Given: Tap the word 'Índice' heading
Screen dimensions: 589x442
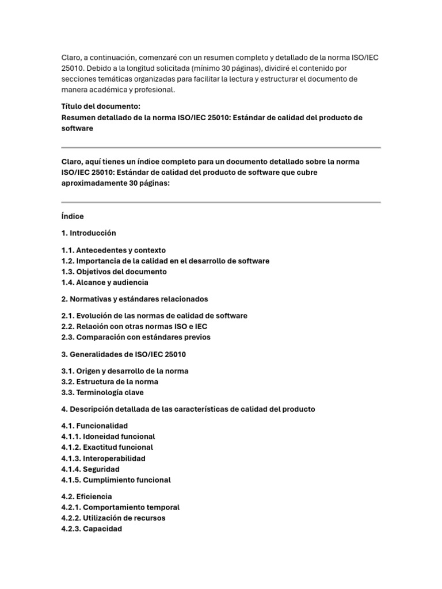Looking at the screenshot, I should [x=73, y=216].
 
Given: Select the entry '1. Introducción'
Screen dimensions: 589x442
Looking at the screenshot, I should [x=89, y=233].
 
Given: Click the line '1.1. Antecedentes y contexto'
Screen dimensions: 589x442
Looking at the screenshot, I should [x=113, y=250].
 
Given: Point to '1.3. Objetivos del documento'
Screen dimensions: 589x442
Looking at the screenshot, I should [x=114, y=271].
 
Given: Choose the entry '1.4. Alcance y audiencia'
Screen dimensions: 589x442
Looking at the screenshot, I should [x=105, y=282].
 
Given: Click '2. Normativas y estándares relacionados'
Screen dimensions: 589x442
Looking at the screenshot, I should [x=135, y=299].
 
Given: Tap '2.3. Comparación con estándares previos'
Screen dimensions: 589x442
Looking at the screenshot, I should [x=136, y=337].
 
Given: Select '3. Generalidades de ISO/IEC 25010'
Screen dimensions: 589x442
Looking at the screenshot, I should [x=124, y=354].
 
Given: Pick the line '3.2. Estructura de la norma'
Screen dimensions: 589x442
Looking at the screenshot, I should [x=109, y=381].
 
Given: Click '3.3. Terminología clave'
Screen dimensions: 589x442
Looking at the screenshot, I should [x=102, y=392].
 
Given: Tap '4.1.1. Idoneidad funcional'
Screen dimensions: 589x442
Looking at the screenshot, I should [x=108, y=437].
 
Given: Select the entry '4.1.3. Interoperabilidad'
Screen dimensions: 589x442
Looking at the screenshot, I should [x=104, y=458].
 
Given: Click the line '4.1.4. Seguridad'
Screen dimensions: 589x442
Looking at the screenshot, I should [x=90, y=469].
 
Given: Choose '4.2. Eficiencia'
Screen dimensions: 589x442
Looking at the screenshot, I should [x=87, y=496].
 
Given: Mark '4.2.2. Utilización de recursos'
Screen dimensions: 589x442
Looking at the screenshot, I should [x=113, y=518].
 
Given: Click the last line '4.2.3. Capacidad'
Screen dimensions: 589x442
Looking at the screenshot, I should [x=92, y=529].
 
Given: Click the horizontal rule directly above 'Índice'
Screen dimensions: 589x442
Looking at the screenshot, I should [x=221, y=202].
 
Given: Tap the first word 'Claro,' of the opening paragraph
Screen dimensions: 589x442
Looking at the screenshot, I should [x=72, y=57].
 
